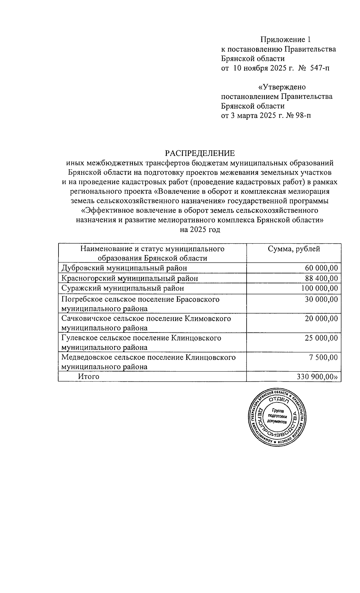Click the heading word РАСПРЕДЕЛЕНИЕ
point(200,153)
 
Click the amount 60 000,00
point(321,268)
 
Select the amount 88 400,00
point(321,278)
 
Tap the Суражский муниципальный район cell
point(123,288)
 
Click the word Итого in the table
point(88,377)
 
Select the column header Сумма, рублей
point(294,249)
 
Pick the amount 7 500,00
point(325,357)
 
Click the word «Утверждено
point(282,87)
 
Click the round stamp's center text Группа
point(277,411)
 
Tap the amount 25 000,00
point(321,338)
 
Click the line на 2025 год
point(200,230)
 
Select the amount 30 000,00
point(321,299)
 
